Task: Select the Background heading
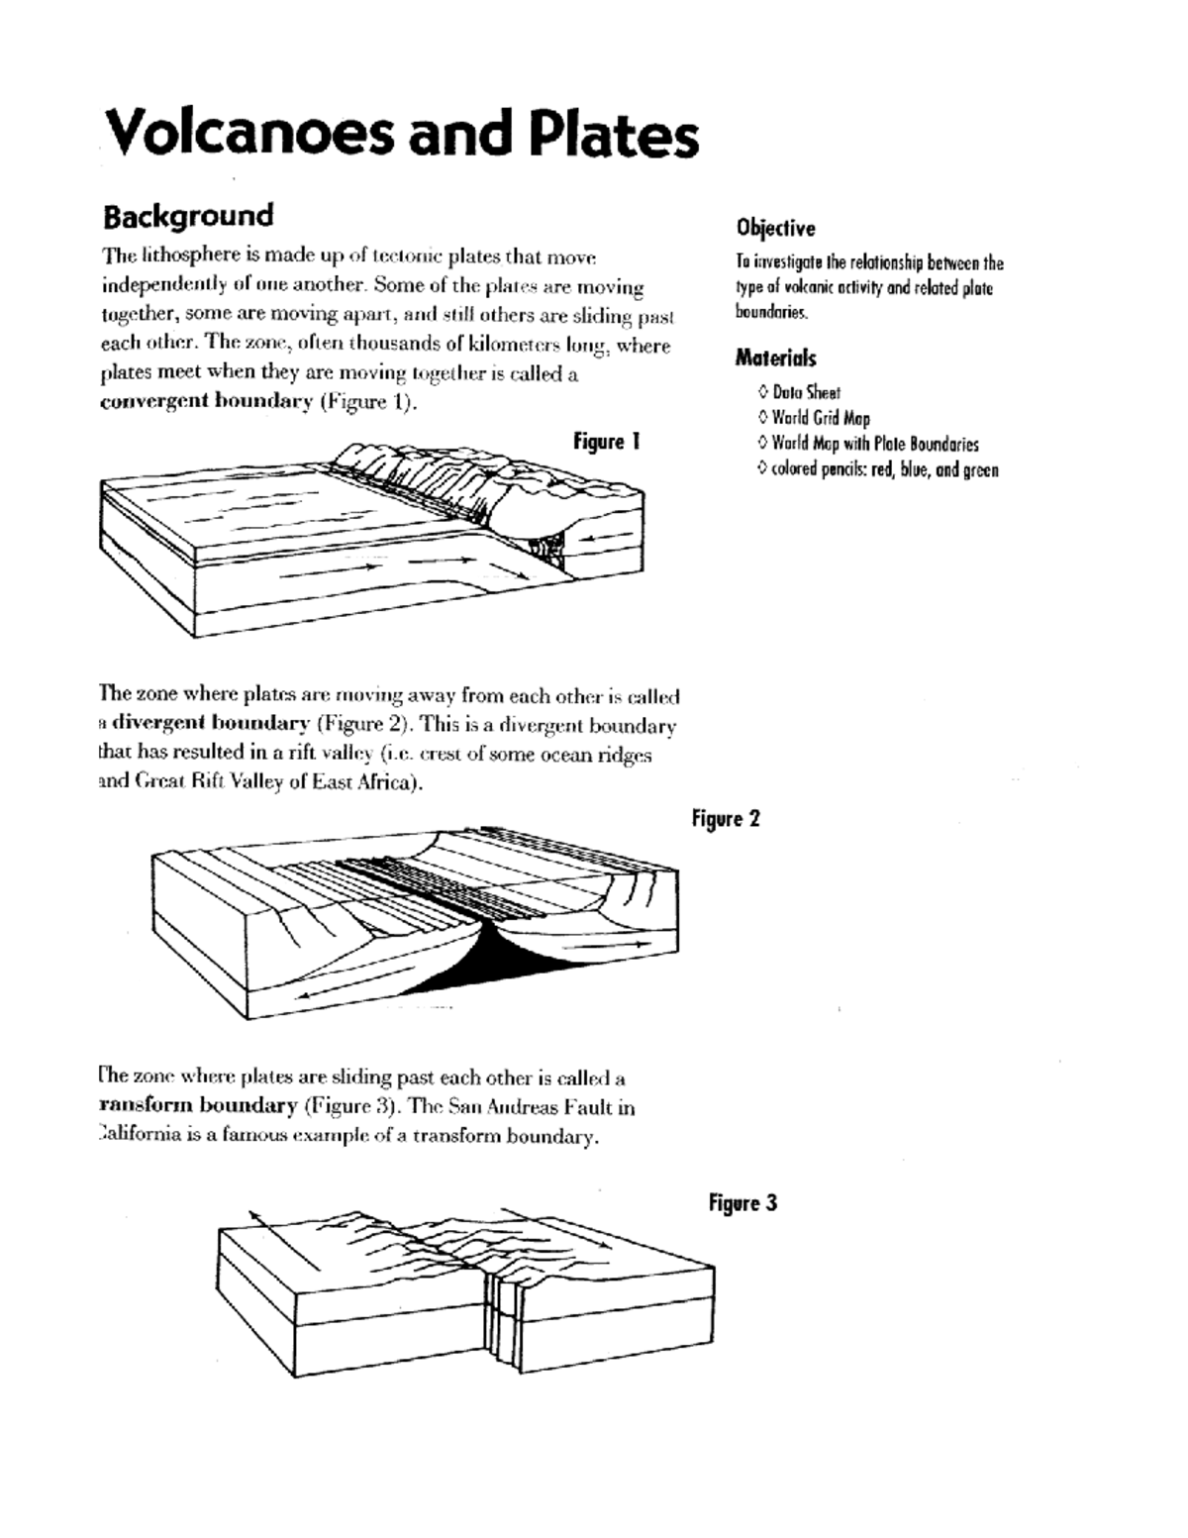(188, 215)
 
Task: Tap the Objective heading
(775, 229)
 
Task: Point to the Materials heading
(775, 358)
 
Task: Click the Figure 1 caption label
(606, 442)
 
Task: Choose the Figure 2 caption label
(726, 819)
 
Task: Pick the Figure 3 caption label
(742, 1203)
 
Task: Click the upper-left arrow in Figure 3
(282, 1237)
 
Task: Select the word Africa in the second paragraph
(381, 781)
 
